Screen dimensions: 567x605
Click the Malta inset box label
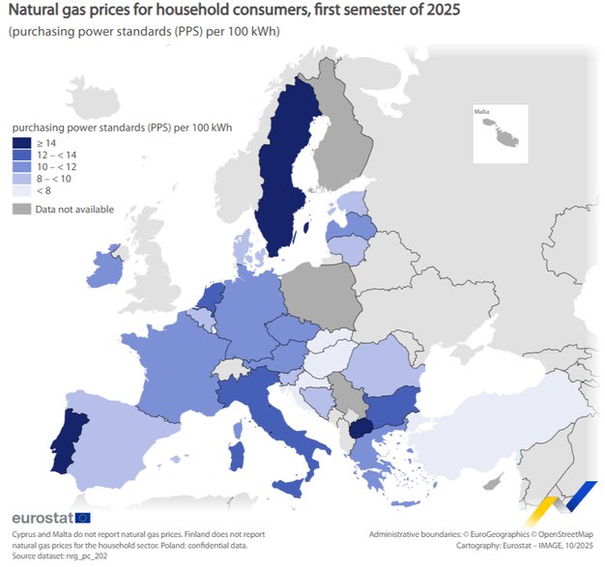(481, 112)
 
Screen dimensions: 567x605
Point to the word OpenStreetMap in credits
(563, 533)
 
